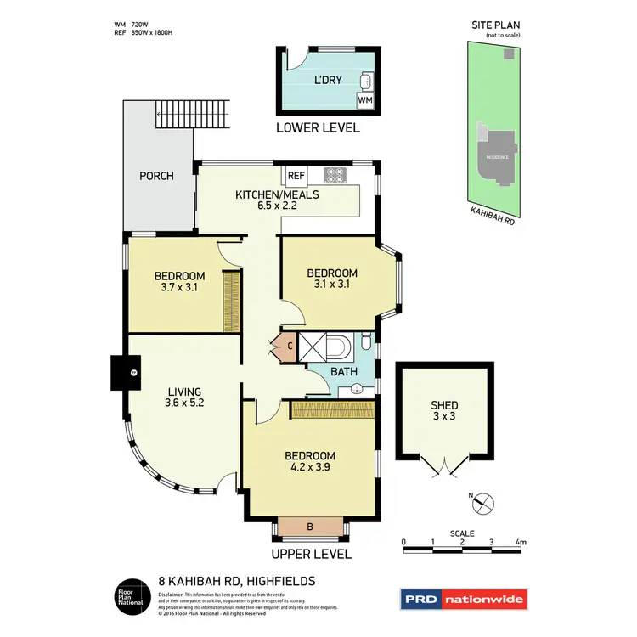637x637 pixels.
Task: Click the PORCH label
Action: click(x=156, y=176)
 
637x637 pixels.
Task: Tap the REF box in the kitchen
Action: click(x=296, y=176)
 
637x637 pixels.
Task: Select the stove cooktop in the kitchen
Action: click(x=332, y=176)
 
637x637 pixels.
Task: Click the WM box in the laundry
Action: click(x=364, y=100)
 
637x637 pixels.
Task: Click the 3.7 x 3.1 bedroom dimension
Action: click(x=179, y=287)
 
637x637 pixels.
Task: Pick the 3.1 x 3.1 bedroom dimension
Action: click(x=332, y=285)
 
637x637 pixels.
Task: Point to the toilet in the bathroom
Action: click(x=366, y=341)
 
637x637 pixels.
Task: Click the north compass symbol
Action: click(x=482, y=503)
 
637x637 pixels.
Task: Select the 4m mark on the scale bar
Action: click(x=521, y=541)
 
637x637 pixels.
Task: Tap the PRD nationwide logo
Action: click(x=463, y=599)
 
